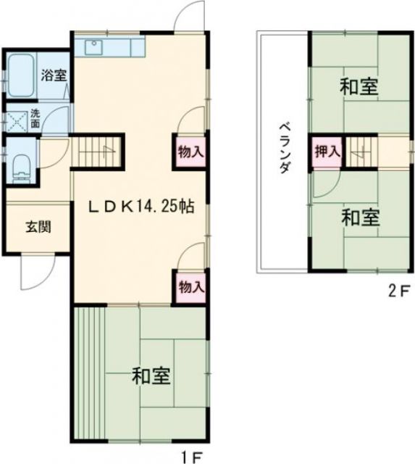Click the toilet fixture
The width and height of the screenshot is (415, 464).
(20, 167)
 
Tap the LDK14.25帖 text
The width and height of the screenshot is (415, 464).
(140, 206)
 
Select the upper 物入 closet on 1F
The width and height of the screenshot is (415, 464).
(190, 152)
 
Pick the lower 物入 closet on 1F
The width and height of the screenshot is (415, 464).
(190, 286)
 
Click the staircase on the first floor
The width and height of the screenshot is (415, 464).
(99, 152)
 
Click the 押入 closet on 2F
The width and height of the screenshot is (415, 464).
(327, 152)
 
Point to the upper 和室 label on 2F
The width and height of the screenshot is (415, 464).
(359, 87)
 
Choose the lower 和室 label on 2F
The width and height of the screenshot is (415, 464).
(359, 217)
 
